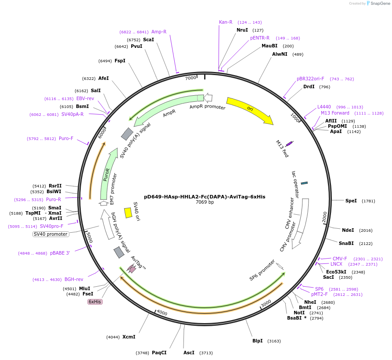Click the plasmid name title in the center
(x=205, y=197)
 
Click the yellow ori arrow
(x=249, y=110)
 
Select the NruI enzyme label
(x=242, y=30)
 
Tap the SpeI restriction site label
(x=351, y=201)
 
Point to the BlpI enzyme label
(x=258, y=341)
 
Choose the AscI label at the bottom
(x=189, y=353)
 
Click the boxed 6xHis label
(x=95, y=302)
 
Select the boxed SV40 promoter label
(x=51, y=234)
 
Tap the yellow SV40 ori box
(x=128, y=212)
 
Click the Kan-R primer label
(x=226, y=22)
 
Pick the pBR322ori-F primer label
(x=310, y=79)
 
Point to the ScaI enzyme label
(x=148, y=40)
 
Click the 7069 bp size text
(x=205, y=202)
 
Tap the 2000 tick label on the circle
(x=324, y=217)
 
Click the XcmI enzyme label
(x=129, y=337)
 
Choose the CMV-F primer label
(x=340, y=259)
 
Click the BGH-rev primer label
(x=74, y=279)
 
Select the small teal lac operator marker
(x=304, y=183)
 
